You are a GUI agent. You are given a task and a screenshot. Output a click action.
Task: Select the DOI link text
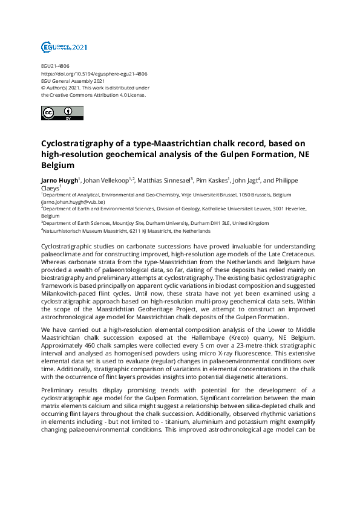click(94, 74)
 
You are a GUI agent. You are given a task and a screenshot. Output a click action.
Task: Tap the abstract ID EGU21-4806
click(55, 66)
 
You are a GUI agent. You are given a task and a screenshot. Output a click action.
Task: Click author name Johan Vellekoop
click(104, 180)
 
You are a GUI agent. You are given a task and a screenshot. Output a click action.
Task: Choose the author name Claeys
click(51, 188)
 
